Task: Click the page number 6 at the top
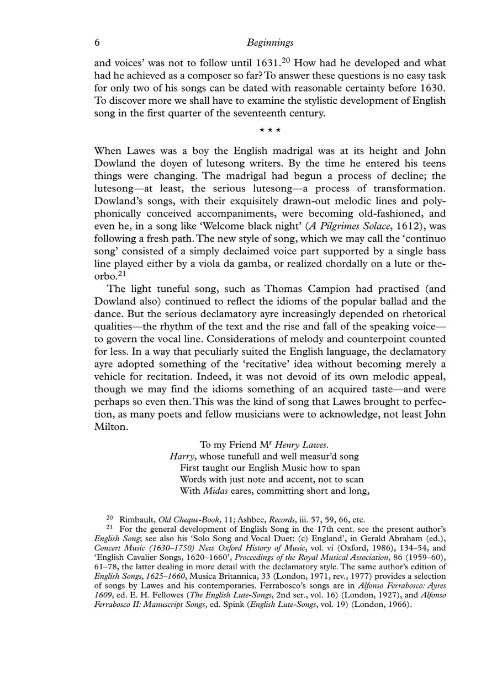pyautogui.click(x=97, y=42)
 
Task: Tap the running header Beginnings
pyautogui.click(x=270, y=42)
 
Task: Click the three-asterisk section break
pyautogui.click(x=271, y=130)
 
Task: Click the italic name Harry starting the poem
pyautogui.click(x=180, y=457)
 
